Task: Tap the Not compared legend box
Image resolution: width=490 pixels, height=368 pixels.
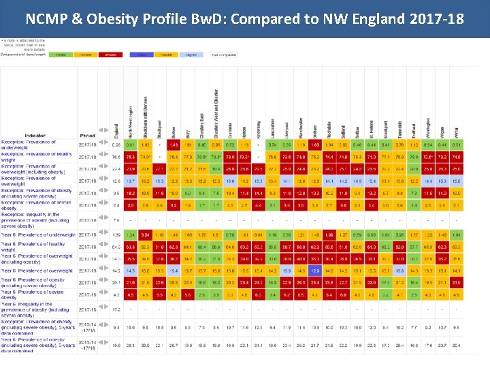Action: point(225,53)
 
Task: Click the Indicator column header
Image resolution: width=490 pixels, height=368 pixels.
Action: point(35,136)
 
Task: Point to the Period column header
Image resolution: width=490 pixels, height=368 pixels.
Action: point(87,136)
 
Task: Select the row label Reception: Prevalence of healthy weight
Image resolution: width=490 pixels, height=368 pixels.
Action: point(37,157)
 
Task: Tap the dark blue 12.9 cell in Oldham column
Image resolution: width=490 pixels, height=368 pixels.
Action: point(315,271)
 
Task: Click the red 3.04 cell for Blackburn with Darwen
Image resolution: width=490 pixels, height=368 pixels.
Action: point(145,234)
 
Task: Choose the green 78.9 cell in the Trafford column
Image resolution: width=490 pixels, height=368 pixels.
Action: point(413,157)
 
